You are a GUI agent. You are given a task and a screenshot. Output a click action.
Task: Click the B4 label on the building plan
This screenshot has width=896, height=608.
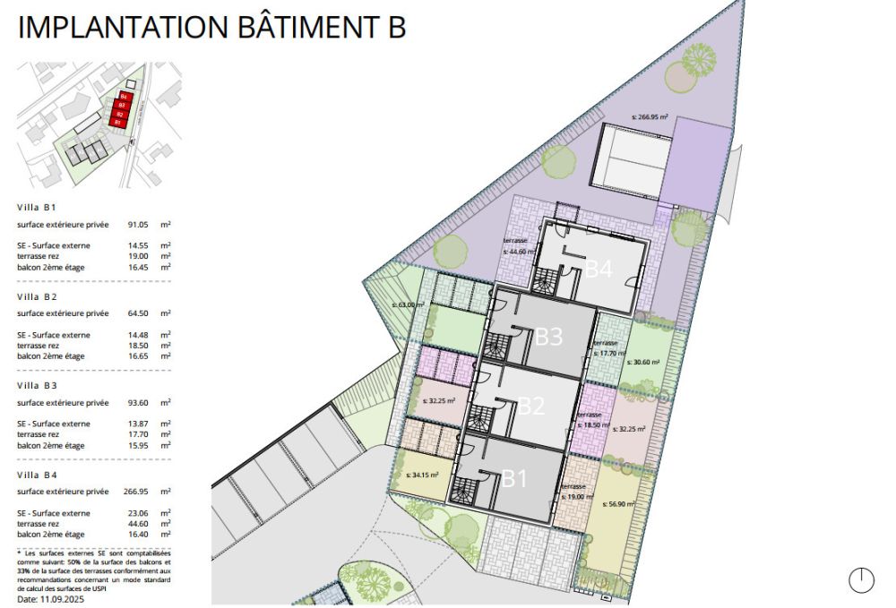(599, 268)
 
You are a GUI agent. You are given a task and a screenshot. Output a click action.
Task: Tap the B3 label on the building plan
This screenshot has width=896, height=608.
(548, 337)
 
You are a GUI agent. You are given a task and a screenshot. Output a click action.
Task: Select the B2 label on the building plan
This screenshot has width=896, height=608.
(531, 406)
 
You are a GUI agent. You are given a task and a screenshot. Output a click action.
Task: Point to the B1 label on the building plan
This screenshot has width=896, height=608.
(513, 478)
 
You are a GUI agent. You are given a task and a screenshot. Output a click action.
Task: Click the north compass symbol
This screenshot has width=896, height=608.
(861, 579)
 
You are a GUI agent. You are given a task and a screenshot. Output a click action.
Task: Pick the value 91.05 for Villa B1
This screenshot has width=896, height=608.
(138, 225)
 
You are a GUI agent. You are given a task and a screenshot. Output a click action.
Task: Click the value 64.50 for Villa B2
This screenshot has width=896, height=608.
(138, 313)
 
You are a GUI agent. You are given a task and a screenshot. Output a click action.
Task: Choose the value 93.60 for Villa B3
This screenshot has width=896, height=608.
(138, 402)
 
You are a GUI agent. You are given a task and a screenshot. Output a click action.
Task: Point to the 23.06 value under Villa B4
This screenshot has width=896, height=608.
(138, 513)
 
